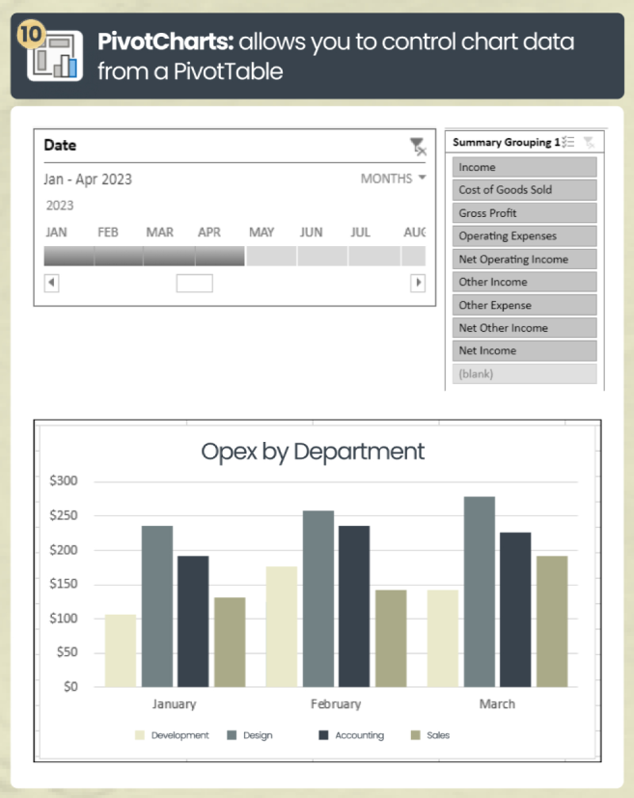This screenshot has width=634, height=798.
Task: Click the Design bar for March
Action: pyautogui.click(x=480, y=591)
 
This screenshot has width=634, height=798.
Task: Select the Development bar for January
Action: pyautogui.click(x=121, y=650)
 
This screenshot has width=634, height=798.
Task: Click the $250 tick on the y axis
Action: pyautogui.click(x=64, y=515)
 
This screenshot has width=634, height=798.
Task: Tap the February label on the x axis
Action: pyautogui.click(x=336, y=704)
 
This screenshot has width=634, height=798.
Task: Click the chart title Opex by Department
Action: pyautogui.click(x=313, y=451)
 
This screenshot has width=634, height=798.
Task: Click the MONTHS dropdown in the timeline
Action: pyautogui.click(x=393, y=179)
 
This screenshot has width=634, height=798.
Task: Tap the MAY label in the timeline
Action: pyautogui.click(x=262, y=233)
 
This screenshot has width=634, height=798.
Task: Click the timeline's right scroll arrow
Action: pyautogui.click(x=418, y=283)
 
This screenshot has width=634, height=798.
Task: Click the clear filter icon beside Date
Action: pyautogui.click(x=417, y=146)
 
